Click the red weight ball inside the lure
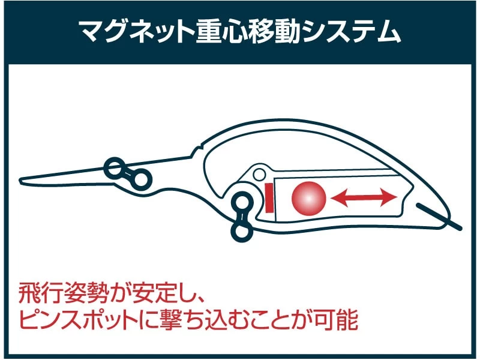click(x=308, y=197)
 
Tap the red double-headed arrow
click(x=364, y=197)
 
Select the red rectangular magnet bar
click(x=269, y=198)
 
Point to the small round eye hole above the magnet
click(x=259, y=175)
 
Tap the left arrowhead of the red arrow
click(x=337, y=197)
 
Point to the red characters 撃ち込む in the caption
click(x=198, y=322)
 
